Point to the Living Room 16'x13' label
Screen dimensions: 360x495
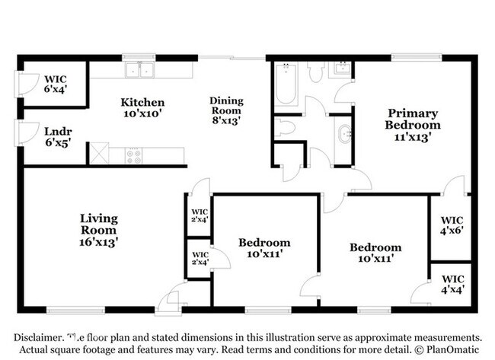[x=99, y=229]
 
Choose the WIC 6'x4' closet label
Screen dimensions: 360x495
[x=55, y=83]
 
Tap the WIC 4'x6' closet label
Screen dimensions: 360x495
[x=452, y=225]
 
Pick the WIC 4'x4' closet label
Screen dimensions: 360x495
[x=452, y=284]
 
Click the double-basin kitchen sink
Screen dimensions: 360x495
[x=140, y=71]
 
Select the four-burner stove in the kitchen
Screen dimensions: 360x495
[x=135, y=156]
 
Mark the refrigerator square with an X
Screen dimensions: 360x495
[x=98, y=153]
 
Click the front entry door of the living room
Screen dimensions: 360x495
[x=169, y=298]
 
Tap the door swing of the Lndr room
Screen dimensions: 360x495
[x=27, y=133]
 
